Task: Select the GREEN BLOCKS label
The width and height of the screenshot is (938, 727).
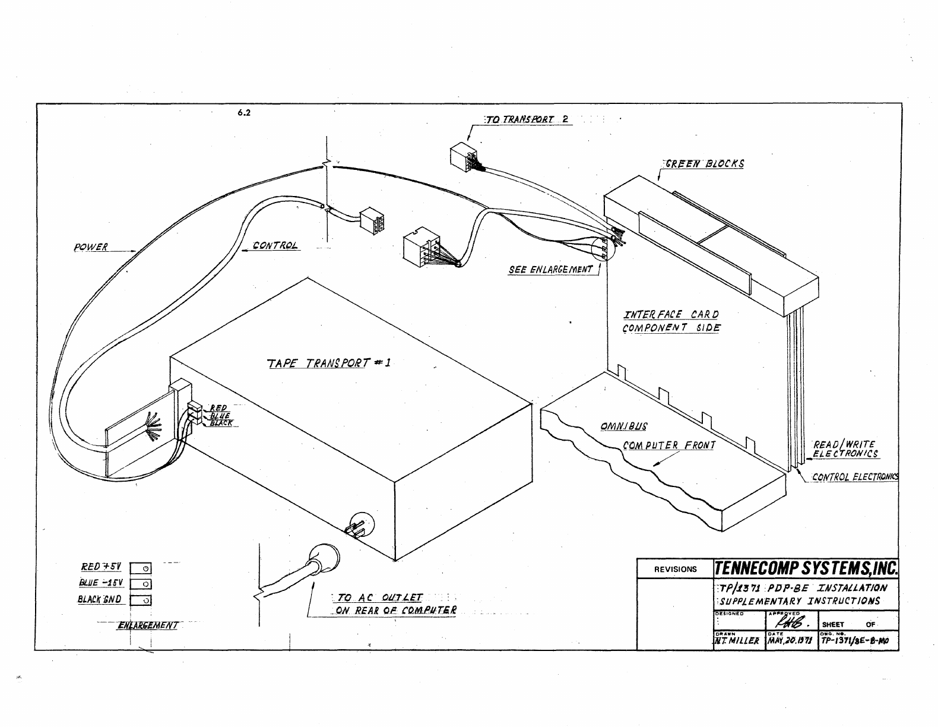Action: point(704,163)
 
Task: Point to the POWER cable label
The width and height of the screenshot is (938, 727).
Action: point(91,247)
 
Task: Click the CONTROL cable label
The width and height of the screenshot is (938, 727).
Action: point(274,245)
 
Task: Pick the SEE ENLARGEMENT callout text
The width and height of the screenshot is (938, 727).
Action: point(550,270)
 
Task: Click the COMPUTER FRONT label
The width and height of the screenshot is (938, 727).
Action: point(669,445)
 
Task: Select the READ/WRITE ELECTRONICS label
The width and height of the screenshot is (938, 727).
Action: point(845,449)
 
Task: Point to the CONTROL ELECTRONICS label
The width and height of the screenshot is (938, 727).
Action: point(855,476)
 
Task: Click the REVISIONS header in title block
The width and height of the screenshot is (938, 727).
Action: point(675,569)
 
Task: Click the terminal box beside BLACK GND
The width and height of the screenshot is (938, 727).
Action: point(141,600)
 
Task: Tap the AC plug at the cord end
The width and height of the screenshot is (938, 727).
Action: point(322,559)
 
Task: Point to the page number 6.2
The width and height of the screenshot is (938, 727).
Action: point(243,114)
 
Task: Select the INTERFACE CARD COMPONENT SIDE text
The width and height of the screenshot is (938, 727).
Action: point(671,321)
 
